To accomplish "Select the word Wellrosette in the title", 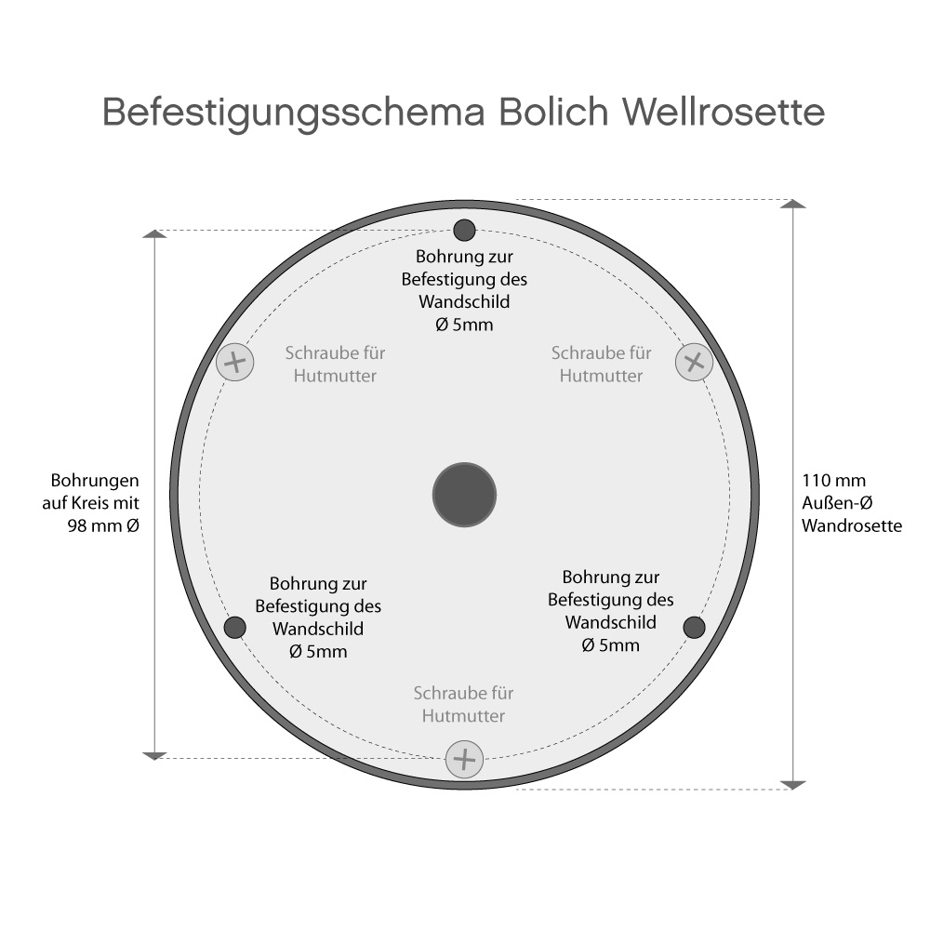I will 722,113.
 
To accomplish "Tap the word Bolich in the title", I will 553,113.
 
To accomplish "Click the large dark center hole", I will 464,494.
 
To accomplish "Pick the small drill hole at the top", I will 464,230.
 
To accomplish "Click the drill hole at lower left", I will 235,628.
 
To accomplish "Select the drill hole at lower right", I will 694,628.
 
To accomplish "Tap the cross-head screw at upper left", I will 234,361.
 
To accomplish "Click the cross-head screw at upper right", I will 693,361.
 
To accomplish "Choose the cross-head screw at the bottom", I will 464,759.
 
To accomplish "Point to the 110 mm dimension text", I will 833,481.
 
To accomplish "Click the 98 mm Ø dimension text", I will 103,525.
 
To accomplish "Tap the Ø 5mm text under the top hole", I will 464,325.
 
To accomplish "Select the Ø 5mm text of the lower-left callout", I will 318,652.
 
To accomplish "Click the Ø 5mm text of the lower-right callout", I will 611,644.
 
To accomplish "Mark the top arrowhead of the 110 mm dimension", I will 792,204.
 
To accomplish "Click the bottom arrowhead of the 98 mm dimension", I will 154,754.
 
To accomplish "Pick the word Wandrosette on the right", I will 852,525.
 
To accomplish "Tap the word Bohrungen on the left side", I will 96,481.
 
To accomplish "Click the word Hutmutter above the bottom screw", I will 464,716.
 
